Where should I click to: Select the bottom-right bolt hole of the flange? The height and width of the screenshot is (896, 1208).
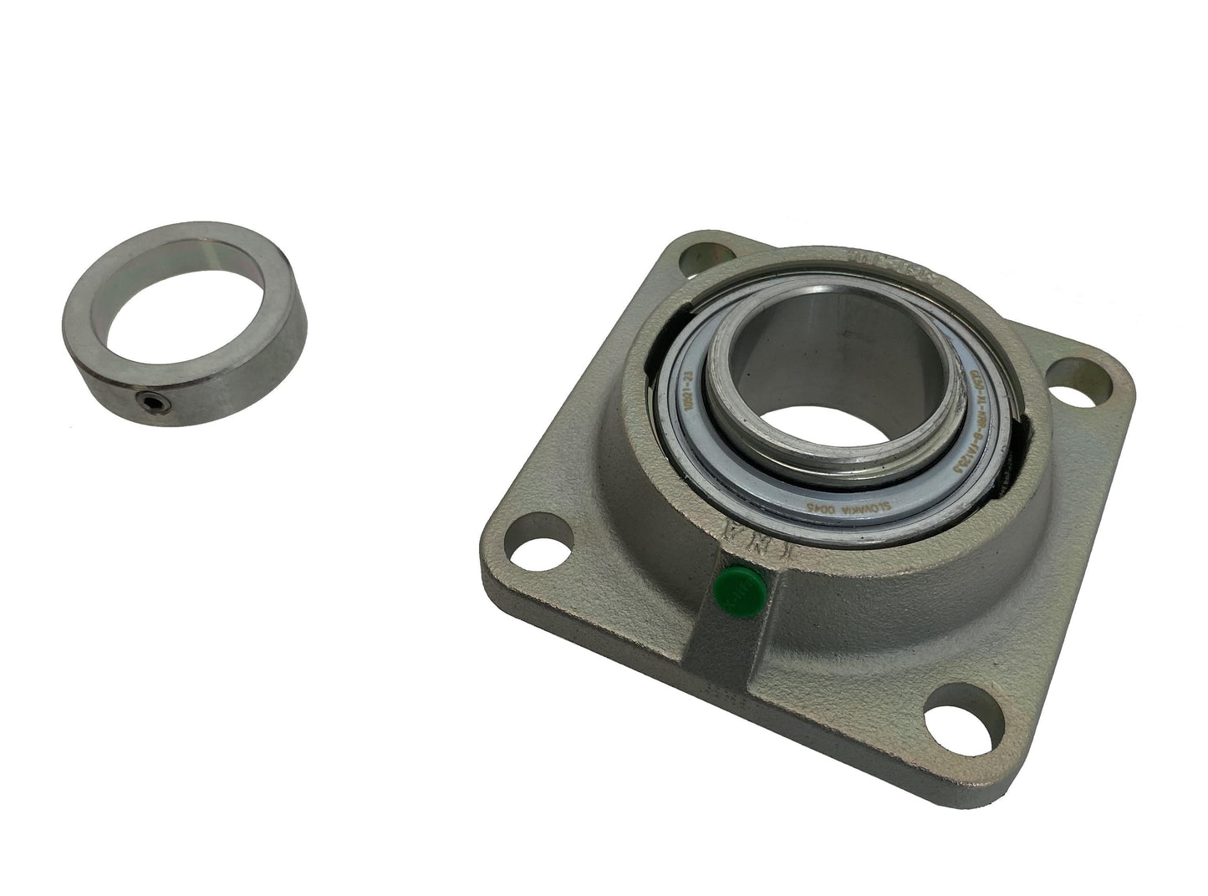pyautogui.click(x=954, y=718)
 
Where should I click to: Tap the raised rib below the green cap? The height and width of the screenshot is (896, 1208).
pyautogui.click(x=719, y=653)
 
